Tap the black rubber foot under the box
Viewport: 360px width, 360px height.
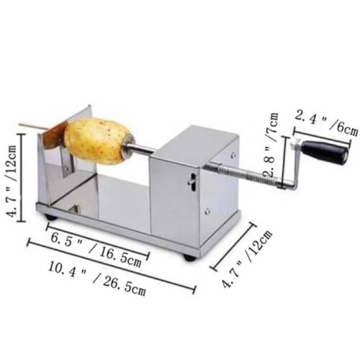tap(189, 256)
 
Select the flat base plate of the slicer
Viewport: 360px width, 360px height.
tap(108, 212)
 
